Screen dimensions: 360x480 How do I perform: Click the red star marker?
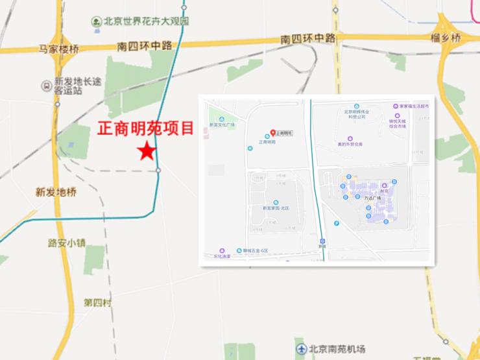pos(147,151)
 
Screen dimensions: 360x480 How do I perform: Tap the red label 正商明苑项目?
pos(146,128)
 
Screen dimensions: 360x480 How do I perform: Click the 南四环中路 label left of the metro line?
pos(145,46)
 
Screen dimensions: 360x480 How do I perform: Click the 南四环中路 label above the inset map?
pos(309,38)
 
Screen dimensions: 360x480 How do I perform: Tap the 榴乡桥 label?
pos(445,39)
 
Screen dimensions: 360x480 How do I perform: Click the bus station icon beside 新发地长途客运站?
pos(46,85)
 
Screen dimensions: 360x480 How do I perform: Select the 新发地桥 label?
pos(56,192)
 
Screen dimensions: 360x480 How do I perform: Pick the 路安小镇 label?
pos(67,243)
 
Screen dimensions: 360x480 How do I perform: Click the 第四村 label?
pos(97,303)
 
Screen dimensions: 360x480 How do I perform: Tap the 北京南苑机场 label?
pos(337,349)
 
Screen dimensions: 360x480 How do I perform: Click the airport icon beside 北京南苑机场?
pos(302,349)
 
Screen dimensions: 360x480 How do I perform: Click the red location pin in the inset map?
pos(272,132)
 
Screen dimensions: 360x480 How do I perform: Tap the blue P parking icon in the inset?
pos(336,223)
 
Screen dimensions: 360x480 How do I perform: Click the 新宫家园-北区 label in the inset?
pos(276,208)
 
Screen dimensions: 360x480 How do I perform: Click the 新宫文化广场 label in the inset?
pos(221,125)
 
